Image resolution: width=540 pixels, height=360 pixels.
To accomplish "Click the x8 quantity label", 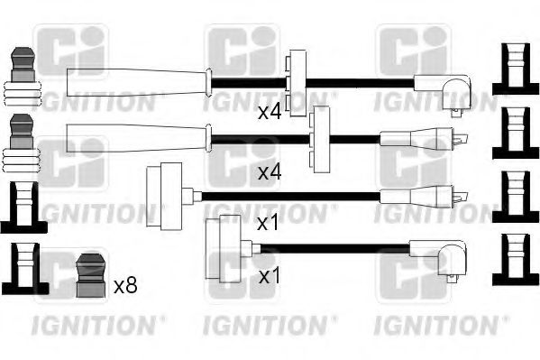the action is pos(126,286).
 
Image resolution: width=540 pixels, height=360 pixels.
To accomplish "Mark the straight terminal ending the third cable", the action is pos(424,195).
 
